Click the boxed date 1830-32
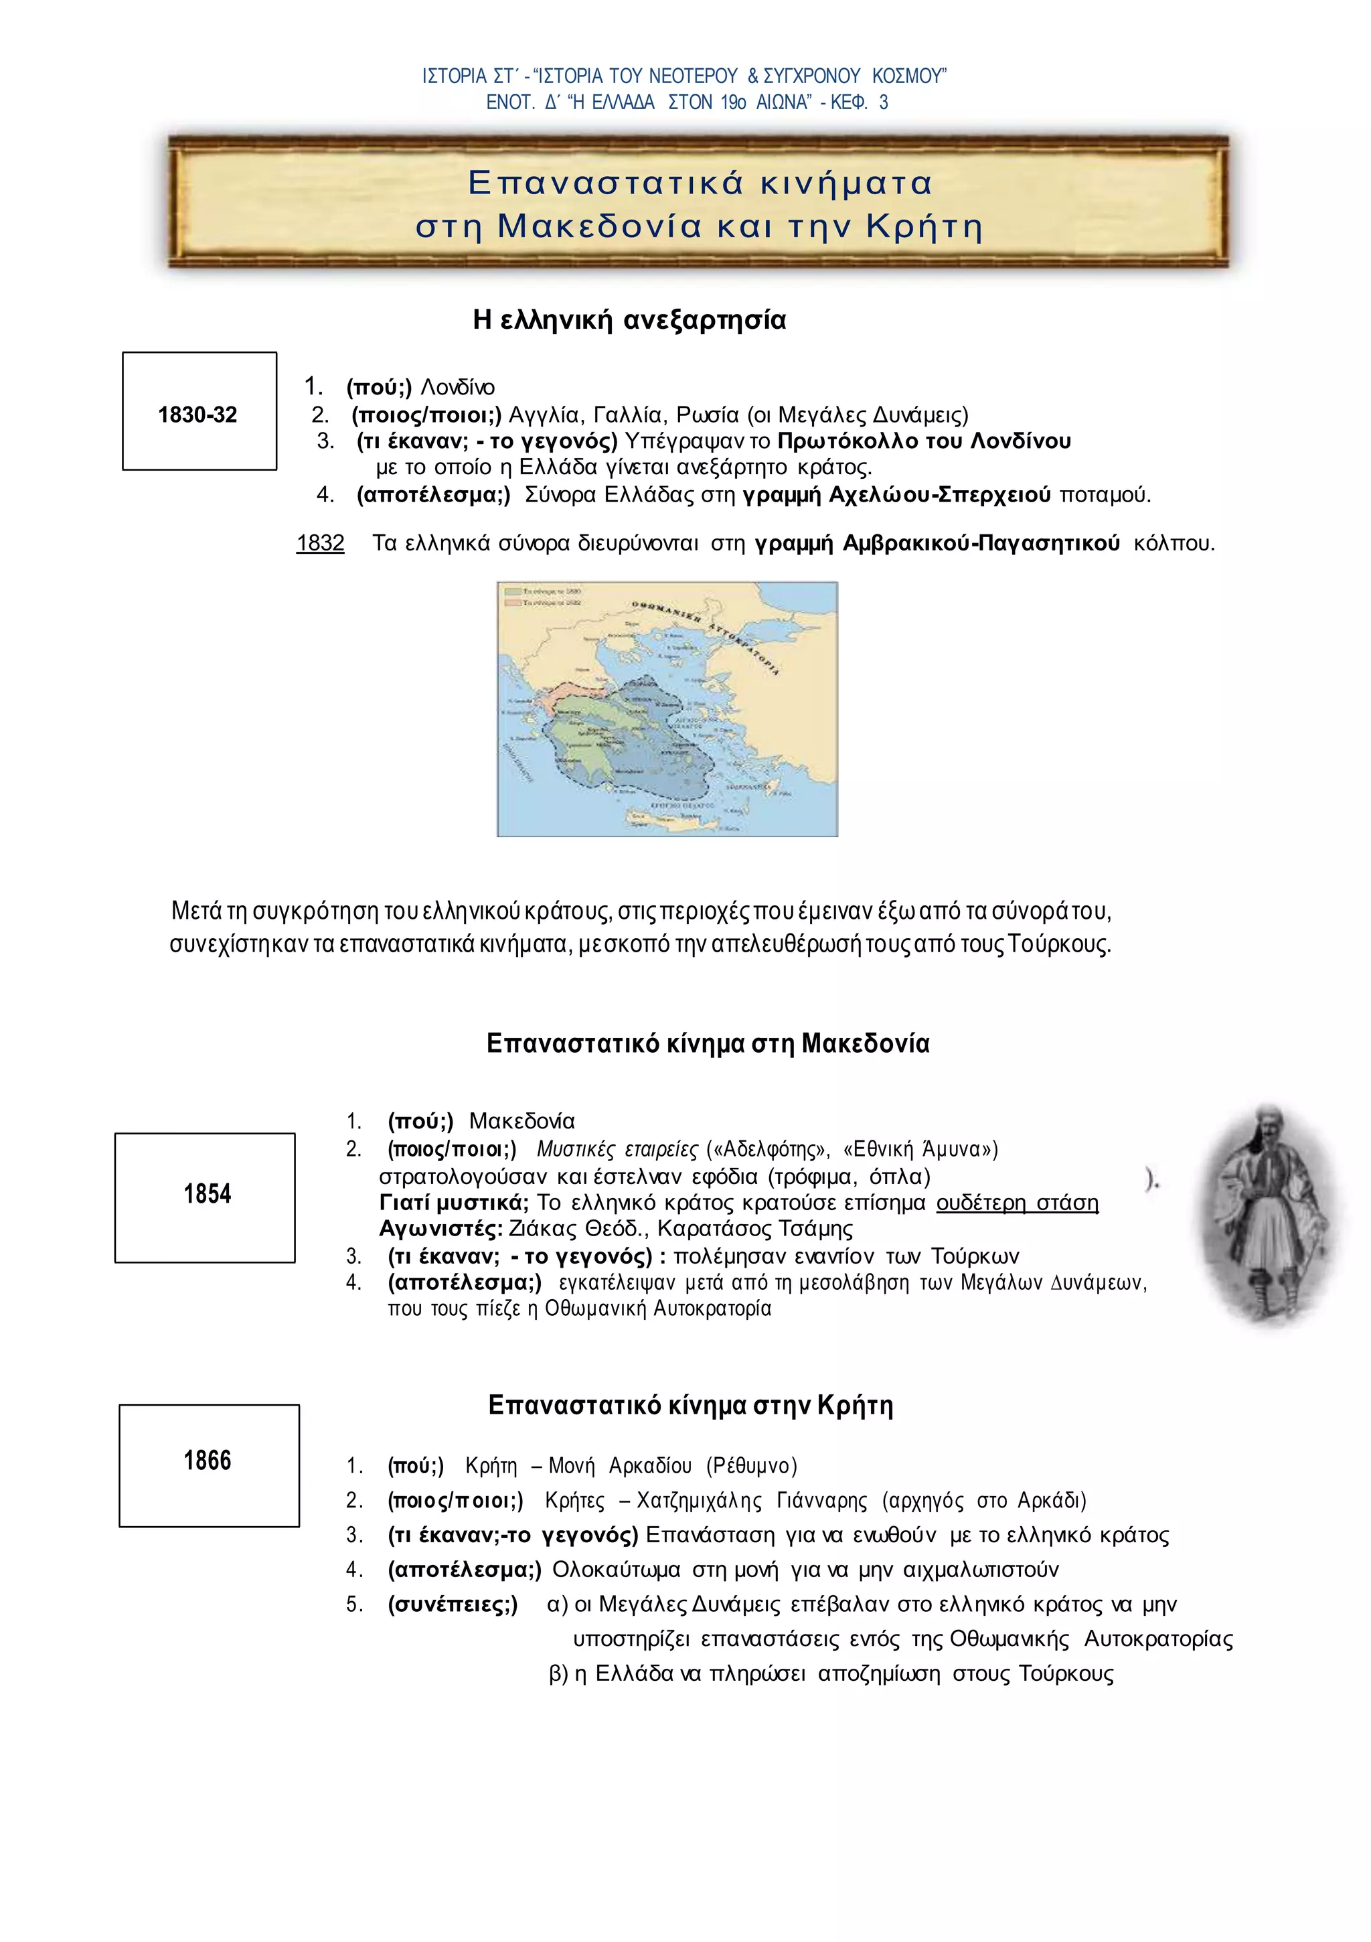click(198, 415)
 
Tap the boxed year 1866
click(208, 1460)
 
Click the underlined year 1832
click(320, 543)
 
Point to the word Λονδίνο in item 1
click(458, 387)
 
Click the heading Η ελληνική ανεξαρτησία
click(629, 319)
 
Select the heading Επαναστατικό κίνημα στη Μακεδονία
click(708, 1043)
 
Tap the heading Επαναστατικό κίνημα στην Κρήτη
click(690, 1405)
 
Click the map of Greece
click(667, 708)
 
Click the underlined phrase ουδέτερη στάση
click(1017, 1203)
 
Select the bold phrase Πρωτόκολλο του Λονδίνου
click(924, 441)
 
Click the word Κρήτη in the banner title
click(924, 227)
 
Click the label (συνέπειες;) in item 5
click(453, 1604)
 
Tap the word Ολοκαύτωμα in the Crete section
click(616, 1570)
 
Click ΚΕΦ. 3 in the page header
click(860, 102)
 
